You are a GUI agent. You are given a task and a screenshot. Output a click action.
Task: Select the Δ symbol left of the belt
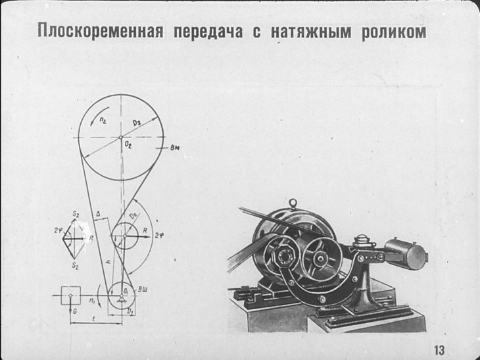[x=97, y=213]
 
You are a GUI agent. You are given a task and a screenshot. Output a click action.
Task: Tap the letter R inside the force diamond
[x=91, y=237]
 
